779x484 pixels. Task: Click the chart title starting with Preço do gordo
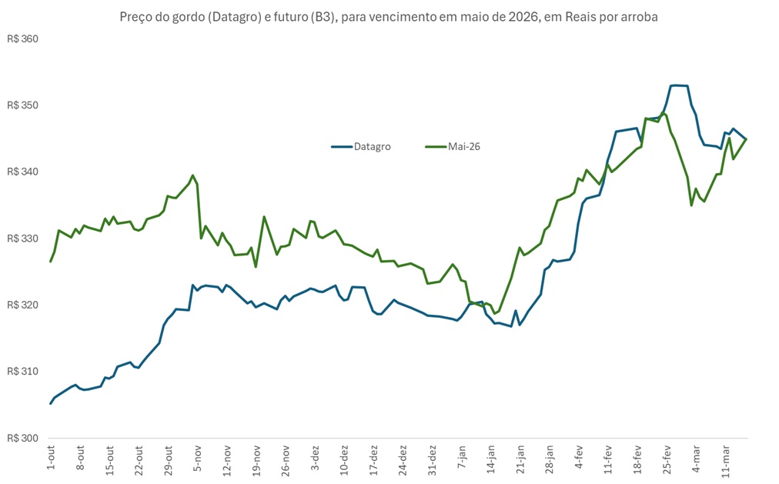click(x=389, y=17)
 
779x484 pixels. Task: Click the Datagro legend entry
click(x=371, y=146)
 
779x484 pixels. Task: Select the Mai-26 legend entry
click(x=463, y=146)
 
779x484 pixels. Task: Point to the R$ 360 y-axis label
click(x=22, y=38)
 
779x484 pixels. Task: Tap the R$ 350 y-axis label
click(x=22, y=105)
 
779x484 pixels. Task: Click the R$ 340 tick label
click(x=22, y=172)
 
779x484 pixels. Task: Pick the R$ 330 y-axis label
click(x=22, y=239)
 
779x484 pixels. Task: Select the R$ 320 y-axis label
click(x=22, y=305)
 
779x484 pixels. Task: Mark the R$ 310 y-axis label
click(x=22, y=372)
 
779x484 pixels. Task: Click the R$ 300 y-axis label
click(x=22, y=438)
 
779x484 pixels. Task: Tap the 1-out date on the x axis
click(x=51, y=457)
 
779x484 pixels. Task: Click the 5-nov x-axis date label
click(x=197, y=457)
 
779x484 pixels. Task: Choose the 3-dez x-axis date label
click(x=315, y=457)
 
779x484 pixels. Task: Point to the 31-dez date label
click(x=432, y=459)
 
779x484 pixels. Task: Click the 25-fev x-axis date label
click(x=667, y=459)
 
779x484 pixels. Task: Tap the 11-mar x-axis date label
click(x=725, y=459)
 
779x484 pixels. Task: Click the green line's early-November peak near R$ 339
click(x=192, y=175)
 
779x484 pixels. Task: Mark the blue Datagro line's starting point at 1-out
click(x=51, y=403)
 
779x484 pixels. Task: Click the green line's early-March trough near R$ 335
click(x=691, y=205)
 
